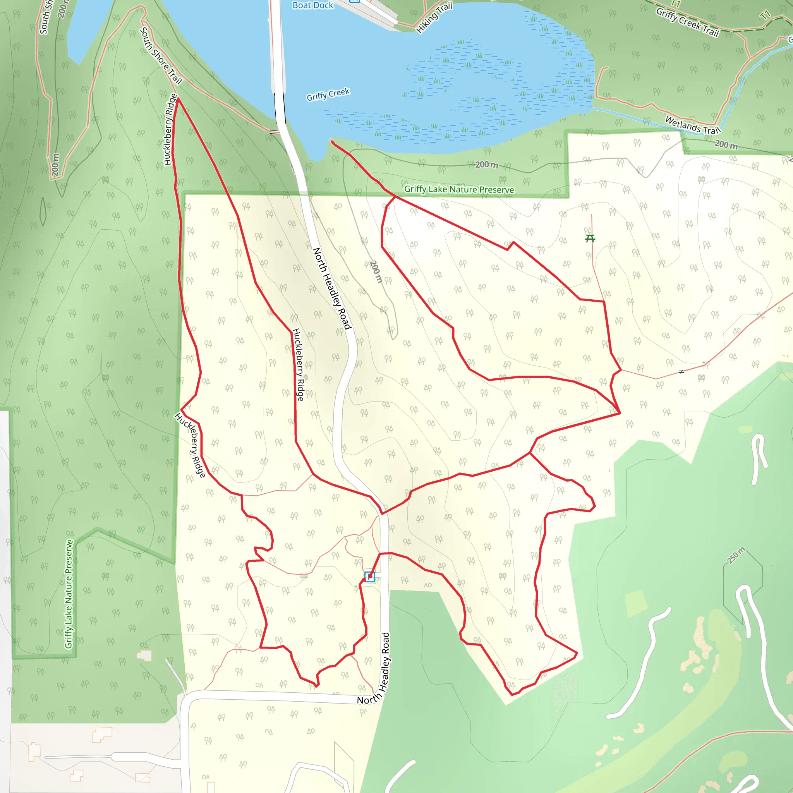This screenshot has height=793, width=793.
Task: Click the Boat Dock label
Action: point(312,5)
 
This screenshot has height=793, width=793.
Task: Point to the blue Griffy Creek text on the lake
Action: point(328,94)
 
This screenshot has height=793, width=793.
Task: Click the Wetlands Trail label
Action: point(692,125)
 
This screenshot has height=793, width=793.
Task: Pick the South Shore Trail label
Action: point(161,55)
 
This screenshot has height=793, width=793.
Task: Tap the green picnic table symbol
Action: point(590,238)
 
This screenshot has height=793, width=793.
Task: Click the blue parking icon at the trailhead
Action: point(369,577)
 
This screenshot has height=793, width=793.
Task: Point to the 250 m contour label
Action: point(736,555)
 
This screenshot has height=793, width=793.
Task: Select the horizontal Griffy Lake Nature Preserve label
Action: point(459,189)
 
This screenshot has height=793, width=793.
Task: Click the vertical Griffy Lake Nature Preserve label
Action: point(69,594)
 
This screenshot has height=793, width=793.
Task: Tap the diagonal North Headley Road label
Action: point(332,288)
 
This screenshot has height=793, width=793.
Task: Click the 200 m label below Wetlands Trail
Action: point(726,144)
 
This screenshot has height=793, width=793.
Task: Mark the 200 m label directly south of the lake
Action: point(487,165)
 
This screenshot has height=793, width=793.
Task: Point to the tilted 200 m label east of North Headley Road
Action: point(376,271)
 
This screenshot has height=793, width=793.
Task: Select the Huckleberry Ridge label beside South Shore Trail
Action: point(170,129)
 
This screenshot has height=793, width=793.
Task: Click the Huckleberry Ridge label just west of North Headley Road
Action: point(298,364)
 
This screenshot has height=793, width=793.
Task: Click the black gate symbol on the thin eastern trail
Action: point(681,371)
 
